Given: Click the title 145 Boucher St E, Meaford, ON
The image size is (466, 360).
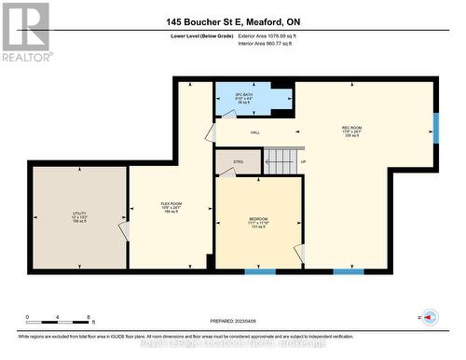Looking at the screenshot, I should click(232, 21).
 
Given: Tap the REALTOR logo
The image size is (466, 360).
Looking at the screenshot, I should click(25, 32).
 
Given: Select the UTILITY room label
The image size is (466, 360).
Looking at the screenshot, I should click(79, 216).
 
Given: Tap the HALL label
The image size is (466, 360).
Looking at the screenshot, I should click(254, 133).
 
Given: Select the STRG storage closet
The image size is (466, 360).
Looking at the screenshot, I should click(239, 162).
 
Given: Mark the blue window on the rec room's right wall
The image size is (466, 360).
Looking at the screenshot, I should click(435, 127).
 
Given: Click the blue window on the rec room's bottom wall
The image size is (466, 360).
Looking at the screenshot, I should click(349, 271).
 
